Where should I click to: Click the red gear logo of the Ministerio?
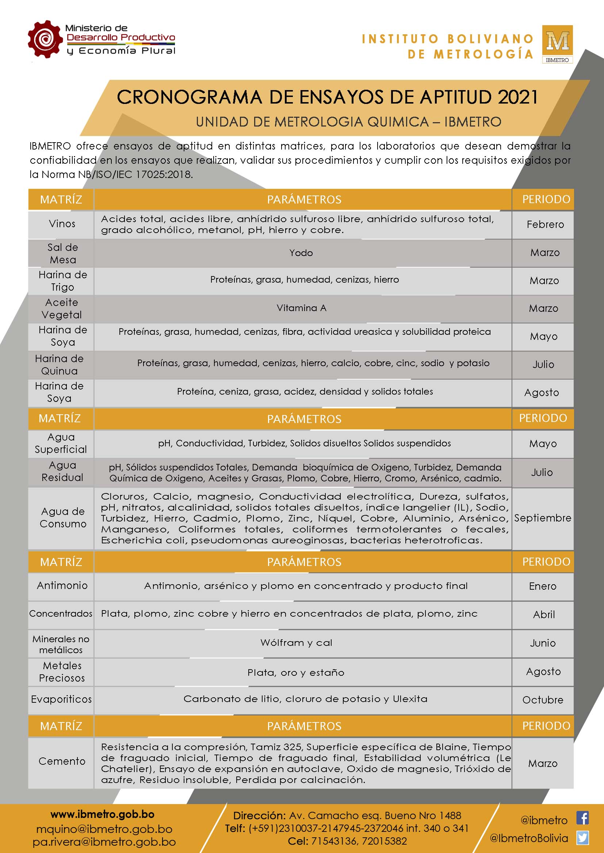45,39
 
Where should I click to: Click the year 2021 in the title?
518,97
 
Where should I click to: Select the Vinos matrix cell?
62,224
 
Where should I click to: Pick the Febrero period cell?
545,225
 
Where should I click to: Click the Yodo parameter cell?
301,253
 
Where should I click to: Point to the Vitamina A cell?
301,308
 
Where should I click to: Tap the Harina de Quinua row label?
60,364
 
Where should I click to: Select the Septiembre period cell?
543,518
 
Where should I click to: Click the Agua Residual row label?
62,472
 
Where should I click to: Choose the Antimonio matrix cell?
62,586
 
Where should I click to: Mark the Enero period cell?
543,586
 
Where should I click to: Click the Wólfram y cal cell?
296,643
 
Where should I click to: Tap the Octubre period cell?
543,700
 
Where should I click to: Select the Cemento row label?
62,761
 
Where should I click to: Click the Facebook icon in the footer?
582,818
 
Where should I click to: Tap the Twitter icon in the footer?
582,838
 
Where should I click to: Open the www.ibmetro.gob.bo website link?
102,814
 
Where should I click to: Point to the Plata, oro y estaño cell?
296,672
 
